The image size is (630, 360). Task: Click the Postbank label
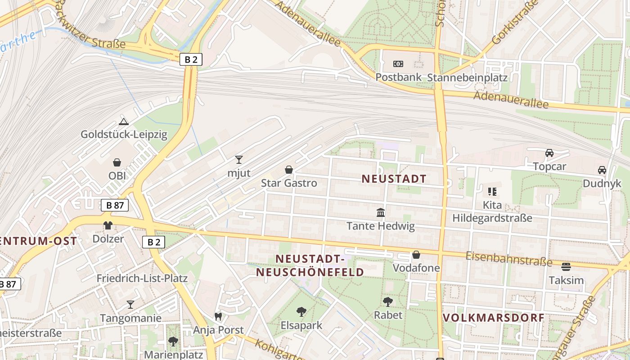(399, 77)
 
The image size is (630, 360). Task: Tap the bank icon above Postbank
(398, 64)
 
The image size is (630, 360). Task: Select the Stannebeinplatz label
(467, 77)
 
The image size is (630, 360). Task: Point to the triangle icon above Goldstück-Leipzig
(124, 121)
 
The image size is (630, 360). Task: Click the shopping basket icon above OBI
(117, 162)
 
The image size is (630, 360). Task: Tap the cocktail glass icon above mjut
(239, 159)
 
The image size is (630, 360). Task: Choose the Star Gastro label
(289, 183)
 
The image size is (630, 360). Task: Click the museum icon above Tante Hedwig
(381, 212)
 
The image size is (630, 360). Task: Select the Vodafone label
(416, 268)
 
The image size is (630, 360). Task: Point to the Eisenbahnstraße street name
(508, 259)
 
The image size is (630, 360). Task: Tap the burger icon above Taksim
(566, 267)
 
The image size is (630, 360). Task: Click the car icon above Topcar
(549, 153)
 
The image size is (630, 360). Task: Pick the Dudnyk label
(602, 184)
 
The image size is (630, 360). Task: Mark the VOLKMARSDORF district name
(494, 318)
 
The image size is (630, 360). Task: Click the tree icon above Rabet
(388, 301)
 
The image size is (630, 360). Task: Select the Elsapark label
(301, 325)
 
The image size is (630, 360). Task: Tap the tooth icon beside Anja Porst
(218, 316)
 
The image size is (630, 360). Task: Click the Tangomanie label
(130, 318)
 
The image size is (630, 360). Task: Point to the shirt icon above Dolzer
(108, 225)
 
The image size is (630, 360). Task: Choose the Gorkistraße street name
(516, 22)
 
